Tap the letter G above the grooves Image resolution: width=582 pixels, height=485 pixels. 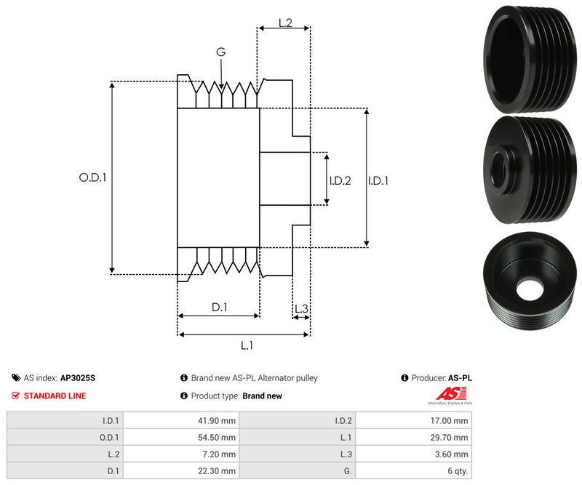[x=220, y=52]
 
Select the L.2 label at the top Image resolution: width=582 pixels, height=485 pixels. [x=284, y=23]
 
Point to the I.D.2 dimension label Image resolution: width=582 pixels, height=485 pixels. [x=340, y=180]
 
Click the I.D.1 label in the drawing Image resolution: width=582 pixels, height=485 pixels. [x=378, y=180]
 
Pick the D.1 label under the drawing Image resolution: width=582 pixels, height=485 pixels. [x=220, y=308]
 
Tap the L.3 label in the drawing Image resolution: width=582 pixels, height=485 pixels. [x=301, y=309]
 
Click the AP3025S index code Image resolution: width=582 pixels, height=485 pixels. [x=78, y=378]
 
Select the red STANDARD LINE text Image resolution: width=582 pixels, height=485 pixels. [x=55, y=396]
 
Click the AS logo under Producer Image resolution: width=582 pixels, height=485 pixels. [x=447, y=396]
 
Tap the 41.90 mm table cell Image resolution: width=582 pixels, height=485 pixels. [x=218, y=420]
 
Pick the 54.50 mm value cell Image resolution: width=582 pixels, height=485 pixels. [x=218, y=437]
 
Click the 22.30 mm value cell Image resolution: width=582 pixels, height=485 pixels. [x=218, y=471]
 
